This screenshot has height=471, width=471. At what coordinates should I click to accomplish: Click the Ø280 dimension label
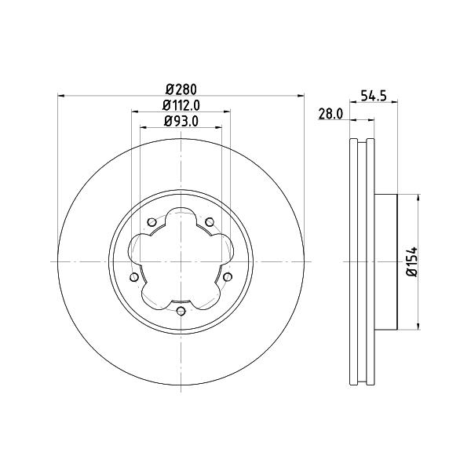pyautogui.click(x=181, y=89)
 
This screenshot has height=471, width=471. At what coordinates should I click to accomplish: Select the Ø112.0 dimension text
pyautogui.click(x=181, y=105)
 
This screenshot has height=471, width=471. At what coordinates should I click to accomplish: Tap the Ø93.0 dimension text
pyautogui.click(x=181, y=122)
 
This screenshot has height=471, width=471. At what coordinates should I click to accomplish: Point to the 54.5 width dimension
pyautogui.click(x=374, y=96)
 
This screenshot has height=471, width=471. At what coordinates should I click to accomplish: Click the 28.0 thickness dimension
pyautogui.click(x=330, y=115)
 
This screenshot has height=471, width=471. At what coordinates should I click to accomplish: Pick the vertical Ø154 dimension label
pyautogui.click(x=412, y=261)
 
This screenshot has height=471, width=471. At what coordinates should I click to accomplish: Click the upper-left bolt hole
pyautogui.click(x=152, y=222)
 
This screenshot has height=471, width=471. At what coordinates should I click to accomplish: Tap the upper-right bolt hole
pyautogui.click(x=210, y=222)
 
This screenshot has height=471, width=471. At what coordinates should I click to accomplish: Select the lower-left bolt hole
pyautogui.click(x=134, y=277)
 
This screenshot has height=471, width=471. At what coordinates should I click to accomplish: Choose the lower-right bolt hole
pyautogui.click(x=228, y=277)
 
